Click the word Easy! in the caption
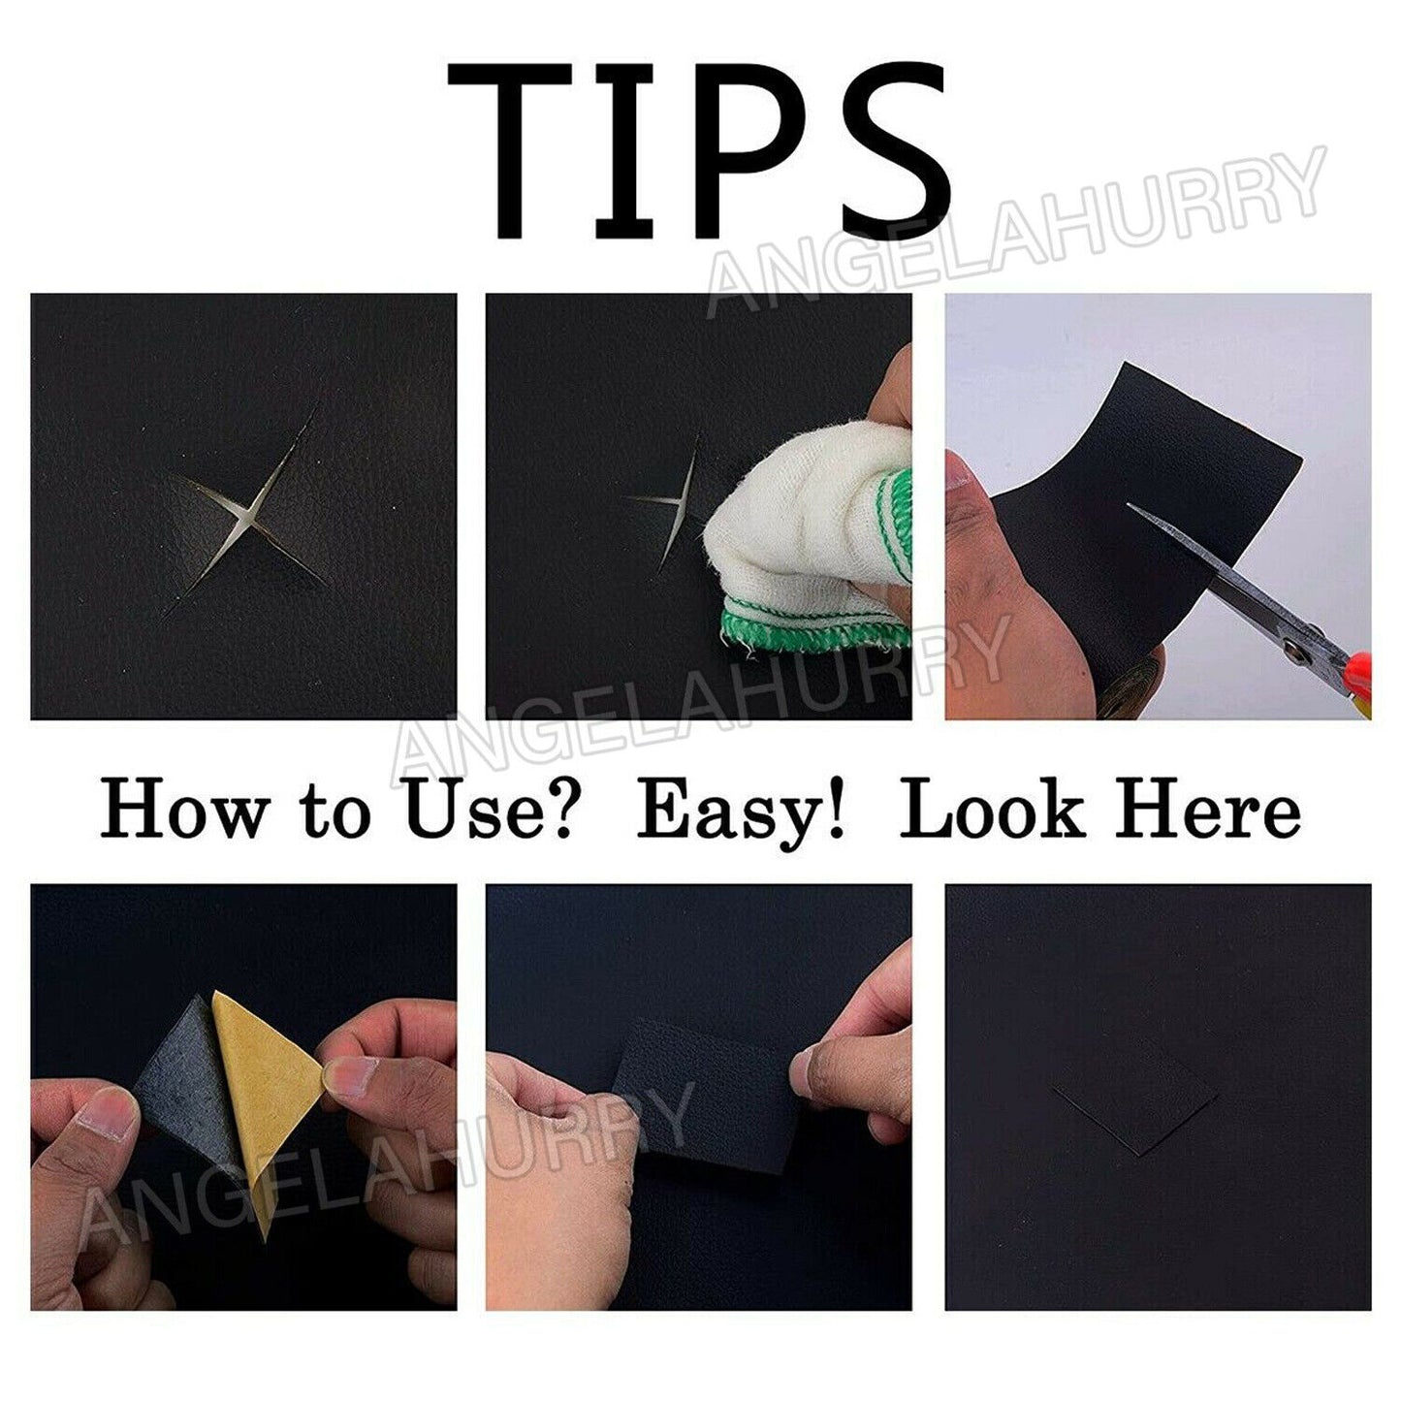pos(742,812)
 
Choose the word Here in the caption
pos(1207,812)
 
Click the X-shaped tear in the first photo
pos(248,514)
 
